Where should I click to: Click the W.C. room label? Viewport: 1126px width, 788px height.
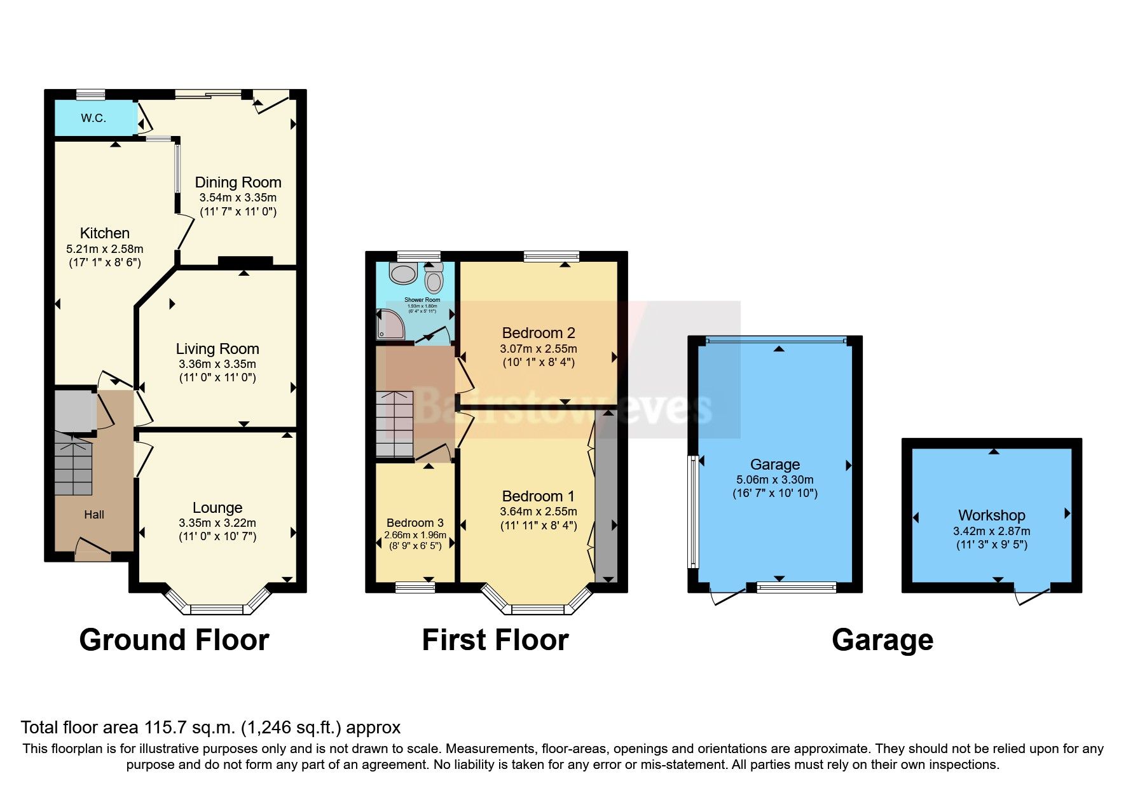(93, 118)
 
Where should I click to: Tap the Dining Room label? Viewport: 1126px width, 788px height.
(238, 182)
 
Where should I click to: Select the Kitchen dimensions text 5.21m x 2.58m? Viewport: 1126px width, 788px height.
(105, 248)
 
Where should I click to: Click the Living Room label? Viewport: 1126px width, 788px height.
(217, 348)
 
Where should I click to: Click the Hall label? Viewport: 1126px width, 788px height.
(94, 515)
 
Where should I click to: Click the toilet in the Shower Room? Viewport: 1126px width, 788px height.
(434, 278)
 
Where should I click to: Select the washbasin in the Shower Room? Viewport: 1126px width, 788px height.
(402, 274)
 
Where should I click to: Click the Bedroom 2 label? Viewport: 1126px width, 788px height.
(538, 332)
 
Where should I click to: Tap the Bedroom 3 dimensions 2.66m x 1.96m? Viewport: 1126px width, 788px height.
(415, 535)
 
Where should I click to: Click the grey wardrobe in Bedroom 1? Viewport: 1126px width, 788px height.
(606, 496)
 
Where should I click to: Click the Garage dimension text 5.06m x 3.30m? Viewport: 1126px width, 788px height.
(774, 480)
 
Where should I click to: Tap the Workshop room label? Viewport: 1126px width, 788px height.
(991, 515)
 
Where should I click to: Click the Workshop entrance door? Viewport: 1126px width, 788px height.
(1031, 596)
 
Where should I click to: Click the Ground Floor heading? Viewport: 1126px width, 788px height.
(174, 640)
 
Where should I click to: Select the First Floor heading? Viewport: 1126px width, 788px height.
(495, 640)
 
